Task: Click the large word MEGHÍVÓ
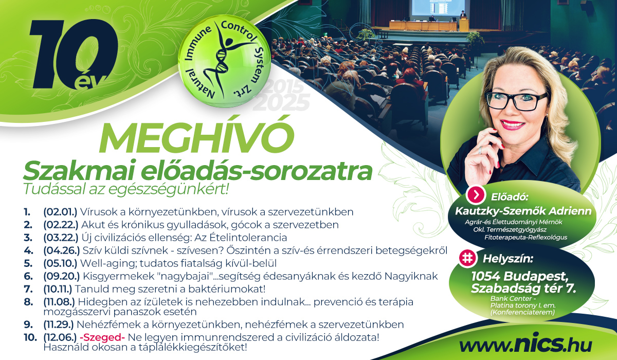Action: click(x=197, y=138)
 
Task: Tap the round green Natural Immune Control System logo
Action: click(x=224, y=61)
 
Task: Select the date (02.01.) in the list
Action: click(x=60, y=212)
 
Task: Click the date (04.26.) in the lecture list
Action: click(x=61, y=250)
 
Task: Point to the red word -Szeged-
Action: click(x=102, y=337)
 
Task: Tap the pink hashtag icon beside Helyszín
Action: click(x=467, y=258)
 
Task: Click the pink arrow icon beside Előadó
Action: click(x=476, y=195)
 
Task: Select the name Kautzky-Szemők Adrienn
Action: click(x=523, y=211)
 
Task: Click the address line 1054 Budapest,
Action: click(x=519, y=276)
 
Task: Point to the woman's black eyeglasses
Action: click(x=516, y=100)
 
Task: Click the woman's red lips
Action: click(x=513, y=125)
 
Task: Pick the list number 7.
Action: click(x=28, y=289)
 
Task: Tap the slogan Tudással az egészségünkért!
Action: click(x=126, y=189)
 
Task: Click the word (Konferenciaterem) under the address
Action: click(x=522, y=312)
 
